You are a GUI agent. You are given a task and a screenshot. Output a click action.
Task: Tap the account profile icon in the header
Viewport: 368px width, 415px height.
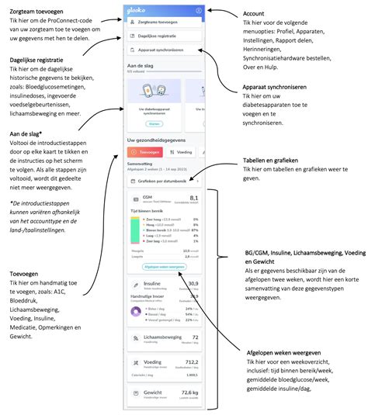point(199,11)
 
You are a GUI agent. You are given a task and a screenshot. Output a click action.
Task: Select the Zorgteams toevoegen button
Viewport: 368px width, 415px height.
point(163,24)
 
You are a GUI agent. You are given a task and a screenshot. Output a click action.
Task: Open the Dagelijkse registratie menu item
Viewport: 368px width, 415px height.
point(163,36)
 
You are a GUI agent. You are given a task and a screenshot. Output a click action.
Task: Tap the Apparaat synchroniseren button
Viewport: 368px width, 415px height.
point(163,50)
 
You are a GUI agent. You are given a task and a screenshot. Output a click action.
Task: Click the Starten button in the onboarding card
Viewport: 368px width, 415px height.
point(154,124)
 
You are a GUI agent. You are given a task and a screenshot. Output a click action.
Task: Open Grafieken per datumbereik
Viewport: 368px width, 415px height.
point(163,181)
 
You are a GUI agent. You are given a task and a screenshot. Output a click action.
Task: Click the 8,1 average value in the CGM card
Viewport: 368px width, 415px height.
point(194,199)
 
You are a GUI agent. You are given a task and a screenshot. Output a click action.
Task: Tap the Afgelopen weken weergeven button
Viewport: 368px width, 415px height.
point(164,266)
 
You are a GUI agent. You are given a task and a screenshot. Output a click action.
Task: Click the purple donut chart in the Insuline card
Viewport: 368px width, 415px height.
point(136,311)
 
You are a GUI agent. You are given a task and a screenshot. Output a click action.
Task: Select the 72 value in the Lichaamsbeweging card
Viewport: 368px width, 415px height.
point(195,337)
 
